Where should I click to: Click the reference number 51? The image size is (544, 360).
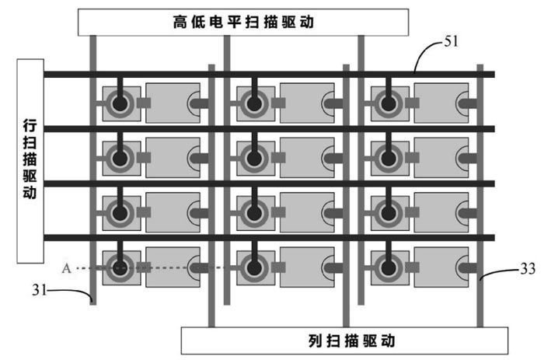pos(451,41)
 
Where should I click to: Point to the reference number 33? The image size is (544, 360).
pos(528,269)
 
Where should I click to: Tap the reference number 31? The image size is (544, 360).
pos(39,289)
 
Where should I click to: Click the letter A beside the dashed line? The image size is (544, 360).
pos(66,268)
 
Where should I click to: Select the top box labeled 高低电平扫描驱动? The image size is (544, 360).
pos(243,23)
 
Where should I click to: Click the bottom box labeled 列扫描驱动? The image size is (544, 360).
pos(344,341)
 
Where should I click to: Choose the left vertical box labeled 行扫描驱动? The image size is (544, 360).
pos(30,161)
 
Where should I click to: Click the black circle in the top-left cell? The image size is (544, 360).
pos(120,103)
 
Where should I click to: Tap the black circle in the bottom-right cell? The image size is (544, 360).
pos(389,267)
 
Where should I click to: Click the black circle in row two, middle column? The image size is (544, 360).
pos(254,159)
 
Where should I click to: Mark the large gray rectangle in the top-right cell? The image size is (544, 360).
pos(441,103)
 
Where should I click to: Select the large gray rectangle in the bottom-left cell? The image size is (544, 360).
pos(173,267)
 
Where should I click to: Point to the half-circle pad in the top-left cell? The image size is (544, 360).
pos(194,103)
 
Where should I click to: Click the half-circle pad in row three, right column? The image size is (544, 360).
pos(462,212)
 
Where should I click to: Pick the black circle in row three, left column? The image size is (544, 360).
pos(120,213)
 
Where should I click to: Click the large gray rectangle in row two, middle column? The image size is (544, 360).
pos(308,157)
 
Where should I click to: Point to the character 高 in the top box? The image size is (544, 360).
pos(180,23)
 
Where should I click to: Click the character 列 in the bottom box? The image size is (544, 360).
pos(316,341)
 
